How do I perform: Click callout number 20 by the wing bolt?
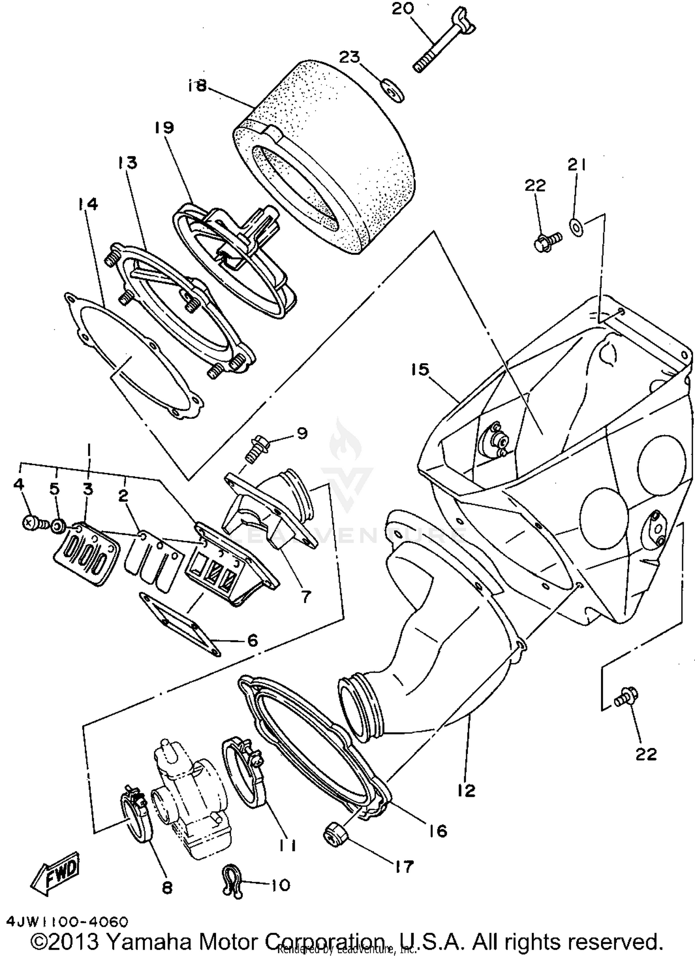pos(403,9)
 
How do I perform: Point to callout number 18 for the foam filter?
pos(197,86)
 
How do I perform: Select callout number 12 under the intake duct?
pos(466,790)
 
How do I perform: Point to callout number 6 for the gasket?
pos(252,640)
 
